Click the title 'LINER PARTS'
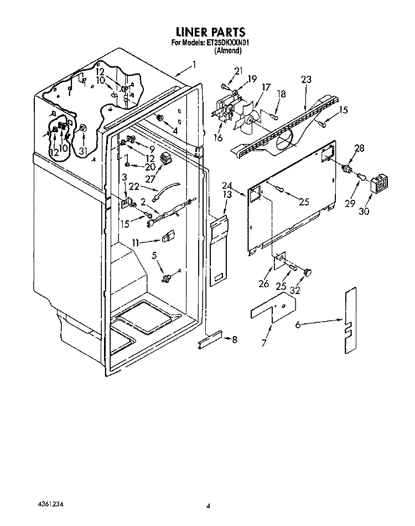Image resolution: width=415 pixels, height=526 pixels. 210,32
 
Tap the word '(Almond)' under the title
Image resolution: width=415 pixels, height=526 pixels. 228,50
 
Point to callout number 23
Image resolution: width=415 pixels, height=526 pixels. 306,80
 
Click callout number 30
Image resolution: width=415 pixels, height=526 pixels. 364,210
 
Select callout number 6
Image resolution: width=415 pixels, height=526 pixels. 298,324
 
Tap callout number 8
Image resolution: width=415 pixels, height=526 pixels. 234,339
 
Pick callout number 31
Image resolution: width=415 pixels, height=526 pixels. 82,151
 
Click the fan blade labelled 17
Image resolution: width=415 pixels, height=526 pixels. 246,119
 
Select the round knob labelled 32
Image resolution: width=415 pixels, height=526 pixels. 308,272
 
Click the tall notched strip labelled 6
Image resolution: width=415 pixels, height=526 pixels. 351,321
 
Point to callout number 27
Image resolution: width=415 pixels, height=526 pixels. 150,179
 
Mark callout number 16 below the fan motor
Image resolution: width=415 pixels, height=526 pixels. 218,137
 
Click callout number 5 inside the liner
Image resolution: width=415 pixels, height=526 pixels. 154,256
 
